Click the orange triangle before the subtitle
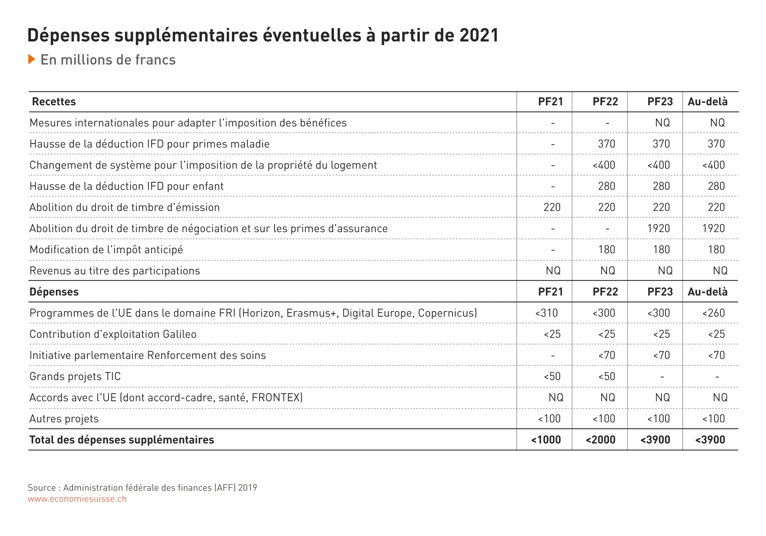coord(32,59)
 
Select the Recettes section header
coord(54,102)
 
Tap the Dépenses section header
coord(54,292)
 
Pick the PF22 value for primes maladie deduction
coord(606,144)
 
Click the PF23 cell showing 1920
coord(659,229)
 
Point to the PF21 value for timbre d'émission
coord(552,207)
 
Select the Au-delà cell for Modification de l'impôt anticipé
coord(716,250)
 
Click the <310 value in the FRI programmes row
coord(547,313)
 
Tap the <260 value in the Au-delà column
coord(714,313)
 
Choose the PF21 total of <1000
coord(546,440)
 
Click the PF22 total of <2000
coord(600,440)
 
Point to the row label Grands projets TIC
coord(75,376)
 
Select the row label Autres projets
coord(64,419)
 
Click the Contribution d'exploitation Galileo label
coord(113,334)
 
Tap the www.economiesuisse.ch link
coord(77,499)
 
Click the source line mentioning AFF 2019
coord(142,488)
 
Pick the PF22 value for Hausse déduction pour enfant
coord(606,186)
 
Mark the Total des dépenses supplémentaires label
coord(122,440)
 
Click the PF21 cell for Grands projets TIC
coord(552,376)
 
